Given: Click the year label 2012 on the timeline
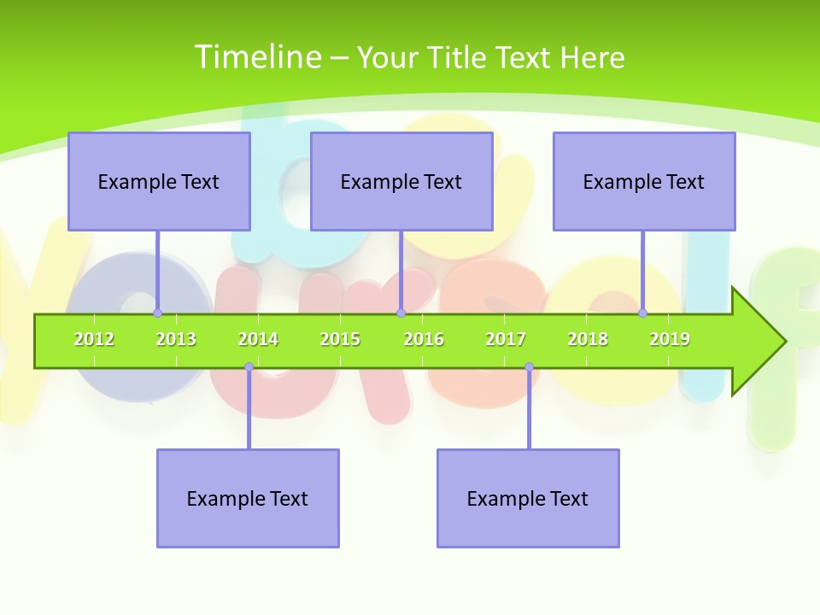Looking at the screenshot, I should click(x=94, y=339).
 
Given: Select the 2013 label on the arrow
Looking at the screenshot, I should click(x=176, y=339).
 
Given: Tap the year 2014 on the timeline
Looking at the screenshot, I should click(x=258, y=339).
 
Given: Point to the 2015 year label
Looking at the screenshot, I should click(x=340, y=339).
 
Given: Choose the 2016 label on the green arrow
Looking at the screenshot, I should click(x=424, y=339).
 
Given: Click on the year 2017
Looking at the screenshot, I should click(x=506, y=339).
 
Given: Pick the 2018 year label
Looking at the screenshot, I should click(x=588, y=339).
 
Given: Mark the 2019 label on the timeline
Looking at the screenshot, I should click(x=670, y=339).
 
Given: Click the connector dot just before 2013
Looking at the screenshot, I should click(x=157, y=313).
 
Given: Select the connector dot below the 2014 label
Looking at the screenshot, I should click(x=249, y=367).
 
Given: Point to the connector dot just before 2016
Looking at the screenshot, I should click(x=401, y=313).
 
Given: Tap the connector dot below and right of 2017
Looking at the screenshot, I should click(x=529, y=367).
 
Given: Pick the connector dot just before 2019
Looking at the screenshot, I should click(x=643, y=313).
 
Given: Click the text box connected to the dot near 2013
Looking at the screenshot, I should click(x=159, y=181).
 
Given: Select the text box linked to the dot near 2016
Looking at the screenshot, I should click(x=401, y=181).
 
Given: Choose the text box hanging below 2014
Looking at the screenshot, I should click(x=248, y=498).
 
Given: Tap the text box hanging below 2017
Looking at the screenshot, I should click(x=528, y=498).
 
